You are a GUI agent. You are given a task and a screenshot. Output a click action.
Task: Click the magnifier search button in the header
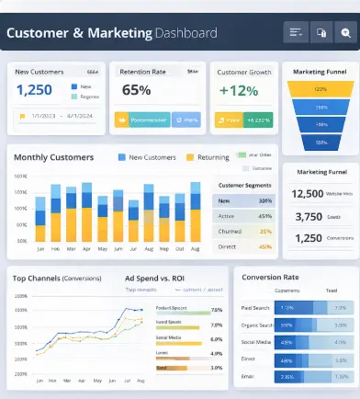345,33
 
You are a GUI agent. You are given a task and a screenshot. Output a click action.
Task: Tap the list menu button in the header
296,33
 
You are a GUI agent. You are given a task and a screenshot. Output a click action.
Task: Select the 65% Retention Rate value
136,90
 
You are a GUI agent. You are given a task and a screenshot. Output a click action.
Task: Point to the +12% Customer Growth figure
238,90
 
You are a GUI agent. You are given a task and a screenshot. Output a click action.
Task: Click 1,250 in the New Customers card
34,90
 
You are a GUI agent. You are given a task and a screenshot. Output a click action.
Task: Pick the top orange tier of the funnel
321,89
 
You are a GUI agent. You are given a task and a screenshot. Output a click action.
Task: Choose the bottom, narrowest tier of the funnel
321,142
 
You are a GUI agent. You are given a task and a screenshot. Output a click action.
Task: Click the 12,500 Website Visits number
307,193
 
